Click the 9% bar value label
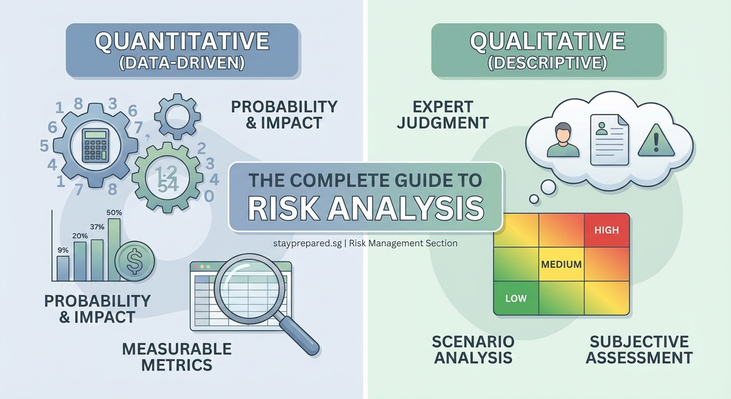pyautogui.click(x=63, y=250)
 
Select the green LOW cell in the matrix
pyautogui.click(x=516, y=298)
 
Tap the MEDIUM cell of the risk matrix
pyautogui.click(x=561, y=264)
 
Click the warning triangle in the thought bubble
pyautogui.click(x=656, y=141)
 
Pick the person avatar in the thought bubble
pyautogui.click(x=563, y=140)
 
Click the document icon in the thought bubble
pyautogui.click(x=609, y=137)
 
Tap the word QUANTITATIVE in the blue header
pyautogui.click(x=182, y=42)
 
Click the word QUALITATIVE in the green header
pyautogui.click(x=547, y=42)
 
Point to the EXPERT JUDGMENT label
pyautogui.click(x=443, y=115)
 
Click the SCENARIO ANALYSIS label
pyautogui.click(x=472, y=349)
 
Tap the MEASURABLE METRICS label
pyautogui.click(x=177, y=356)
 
